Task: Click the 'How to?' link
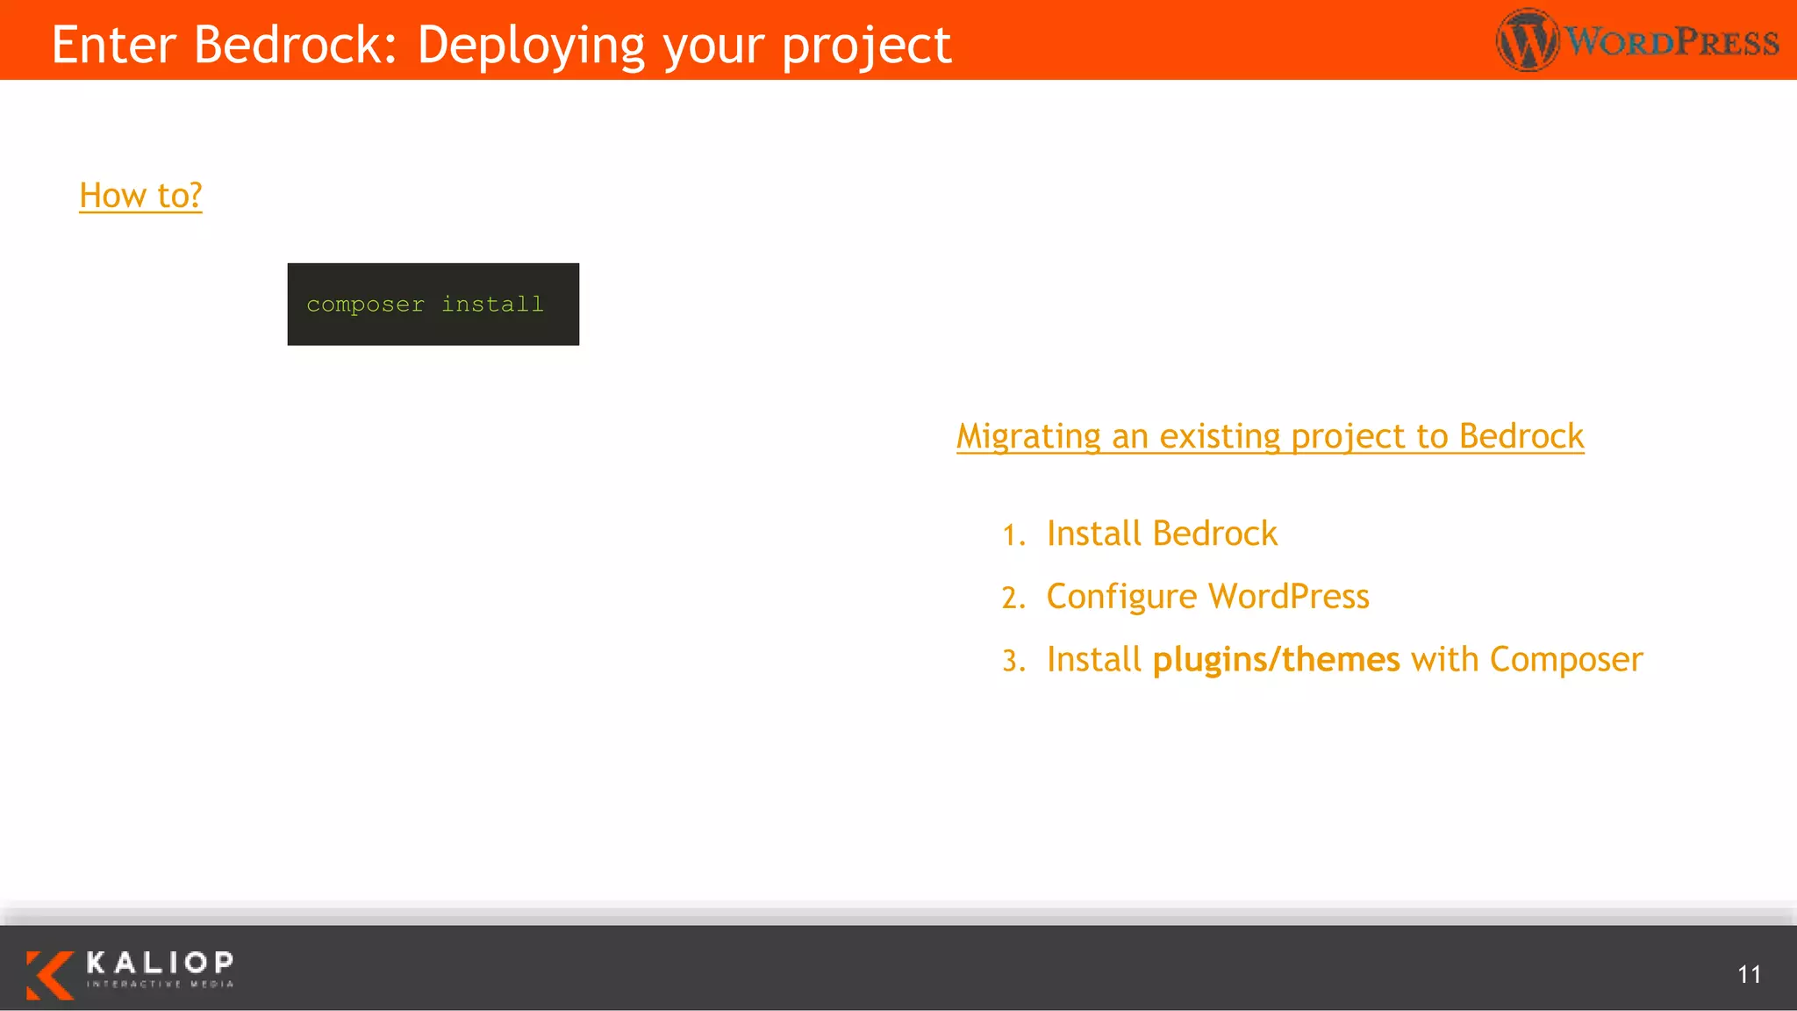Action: [x=140, y=195]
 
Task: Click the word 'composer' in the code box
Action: [x=365, y=305]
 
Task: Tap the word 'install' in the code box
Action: [x=492, y=304]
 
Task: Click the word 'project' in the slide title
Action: [x=866, y=46]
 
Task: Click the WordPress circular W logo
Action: [x=1527, y=40]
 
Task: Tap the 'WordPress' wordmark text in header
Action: [x=1672, y=41]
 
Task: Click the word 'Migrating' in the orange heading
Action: [x=1028, y=436]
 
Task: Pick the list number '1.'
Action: [x=1014, y=534]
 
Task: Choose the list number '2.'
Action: [x=1013, y=598]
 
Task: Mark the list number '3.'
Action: [x=1013, y=661]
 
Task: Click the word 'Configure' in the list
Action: [x=1121, y=597]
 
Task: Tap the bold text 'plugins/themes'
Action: [x=1276, y=659]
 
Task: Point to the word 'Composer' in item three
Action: [x=1565, y=659]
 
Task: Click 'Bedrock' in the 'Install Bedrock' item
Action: [x=1214, y=534]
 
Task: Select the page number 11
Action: [x=1749, y=974]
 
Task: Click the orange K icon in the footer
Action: [x=49, y=974]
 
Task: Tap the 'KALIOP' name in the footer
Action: [x=160, y=963]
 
